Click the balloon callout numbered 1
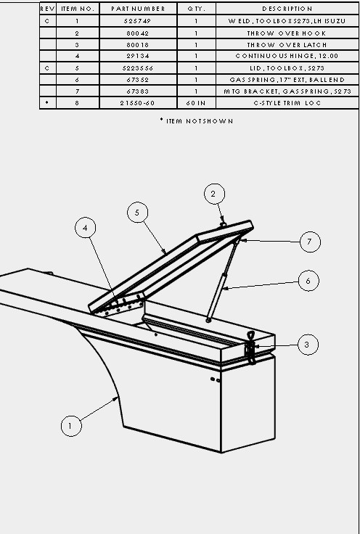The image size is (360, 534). pos(71,426)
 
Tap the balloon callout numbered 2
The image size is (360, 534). pos(214,194)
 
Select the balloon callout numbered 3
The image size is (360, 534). pos(308,345)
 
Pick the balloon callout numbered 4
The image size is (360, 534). pos(85,228)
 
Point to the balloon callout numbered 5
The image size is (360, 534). pos(138,212)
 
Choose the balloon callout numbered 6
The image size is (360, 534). pos(308,281)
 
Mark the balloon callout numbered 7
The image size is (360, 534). pos(310,242)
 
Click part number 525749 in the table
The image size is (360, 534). pos(139,21)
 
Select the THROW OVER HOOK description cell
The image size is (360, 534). pos(287,33)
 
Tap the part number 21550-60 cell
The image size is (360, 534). pos(138,103)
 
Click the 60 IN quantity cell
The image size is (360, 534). pos(196,103)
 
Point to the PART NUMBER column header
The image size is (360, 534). pos(139,9)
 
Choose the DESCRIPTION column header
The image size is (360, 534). pos(287,9)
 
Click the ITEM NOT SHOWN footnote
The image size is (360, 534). pos(197,121)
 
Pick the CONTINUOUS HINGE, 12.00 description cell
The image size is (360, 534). pos(287,56)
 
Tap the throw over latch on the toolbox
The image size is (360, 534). pos(250,348)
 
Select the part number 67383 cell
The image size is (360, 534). pos(139,91)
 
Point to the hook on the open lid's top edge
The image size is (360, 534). pos(223,225)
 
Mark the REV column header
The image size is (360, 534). pos(47,9)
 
